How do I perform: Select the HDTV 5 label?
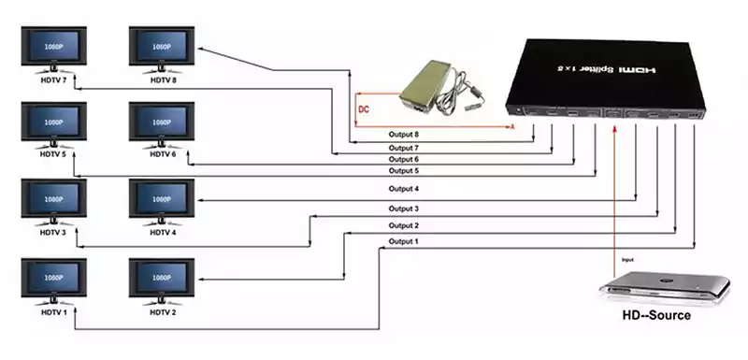[x=52, y=153]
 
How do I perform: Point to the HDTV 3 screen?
[x=52, y=200]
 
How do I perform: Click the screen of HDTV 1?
[x=52, y=279]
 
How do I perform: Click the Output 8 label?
[x=405, y=136]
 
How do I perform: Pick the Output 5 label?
[x=405, y=171]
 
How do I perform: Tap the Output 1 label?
[x=405, y=242]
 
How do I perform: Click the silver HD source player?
[x=665, y=284]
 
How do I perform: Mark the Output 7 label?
[x=405, y=148]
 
